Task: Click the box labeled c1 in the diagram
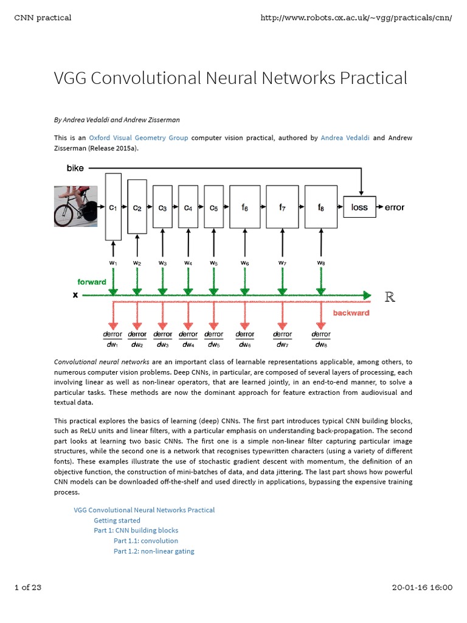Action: click(113, 207)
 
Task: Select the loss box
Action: click(360, 207)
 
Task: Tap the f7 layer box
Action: click(283, 207)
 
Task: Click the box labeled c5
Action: click(213, 207)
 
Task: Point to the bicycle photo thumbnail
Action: click(76, 206)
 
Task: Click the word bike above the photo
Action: click(75, 167)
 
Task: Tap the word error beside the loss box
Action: click(395, 207)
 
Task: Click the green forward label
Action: click(92, 282)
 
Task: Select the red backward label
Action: click(351, 313)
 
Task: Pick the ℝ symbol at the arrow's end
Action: click(390, 297)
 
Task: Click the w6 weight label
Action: click(244, 263)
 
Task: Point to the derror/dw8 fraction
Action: click(321, 339)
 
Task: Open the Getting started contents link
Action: click(117, 520)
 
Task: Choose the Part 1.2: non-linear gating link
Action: click(154, 551)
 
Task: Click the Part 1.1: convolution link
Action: click(146, 541)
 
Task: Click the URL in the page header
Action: click(356, 17)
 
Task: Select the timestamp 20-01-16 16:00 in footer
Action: click(423, 587)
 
